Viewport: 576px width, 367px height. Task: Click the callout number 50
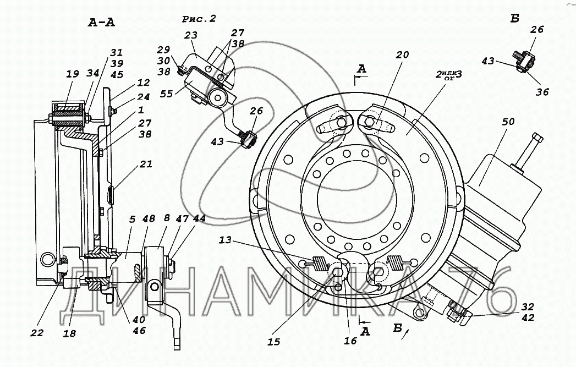(508, 122)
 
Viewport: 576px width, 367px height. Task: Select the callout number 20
(402, 54)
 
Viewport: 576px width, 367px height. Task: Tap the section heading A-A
(101, 23)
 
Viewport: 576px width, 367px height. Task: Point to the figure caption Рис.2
(199, 19)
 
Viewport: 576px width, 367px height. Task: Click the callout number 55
(166, 94)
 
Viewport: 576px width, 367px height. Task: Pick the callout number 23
(191, 35)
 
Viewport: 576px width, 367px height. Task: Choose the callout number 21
(146, 164)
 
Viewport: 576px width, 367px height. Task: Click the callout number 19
(73, 74)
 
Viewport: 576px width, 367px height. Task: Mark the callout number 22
(37, 333)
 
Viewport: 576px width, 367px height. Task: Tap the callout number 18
(69, 333)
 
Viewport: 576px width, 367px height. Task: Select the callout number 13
(225, 240)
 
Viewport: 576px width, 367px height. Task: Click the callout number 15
(274, 342)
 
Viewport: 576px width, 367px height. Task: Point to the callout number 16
(350, 341)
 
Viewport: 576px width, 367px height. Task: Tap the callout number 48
(149, 220)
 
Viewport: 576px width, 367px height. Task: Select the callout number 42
(528, 317)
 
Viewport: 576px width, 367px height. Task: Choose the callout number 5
(133, 220)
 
